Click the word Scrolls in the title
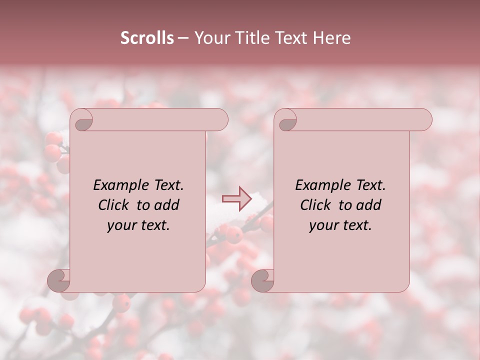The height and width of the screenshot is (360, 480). (147, 38)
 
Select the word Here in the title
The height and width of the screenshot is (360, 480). (332, 38)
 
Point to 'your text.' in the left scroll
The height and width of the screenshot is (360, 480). (138, 225)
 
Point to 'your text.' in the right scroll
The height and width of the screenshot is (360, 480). (340, 225)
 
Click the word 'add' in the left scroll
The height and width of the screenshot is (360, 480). (167, 205)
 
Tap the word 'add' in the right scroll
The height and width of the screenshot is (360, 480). (369, 205)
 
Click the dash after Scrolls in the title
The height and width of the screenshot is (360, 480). (183, 38)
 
